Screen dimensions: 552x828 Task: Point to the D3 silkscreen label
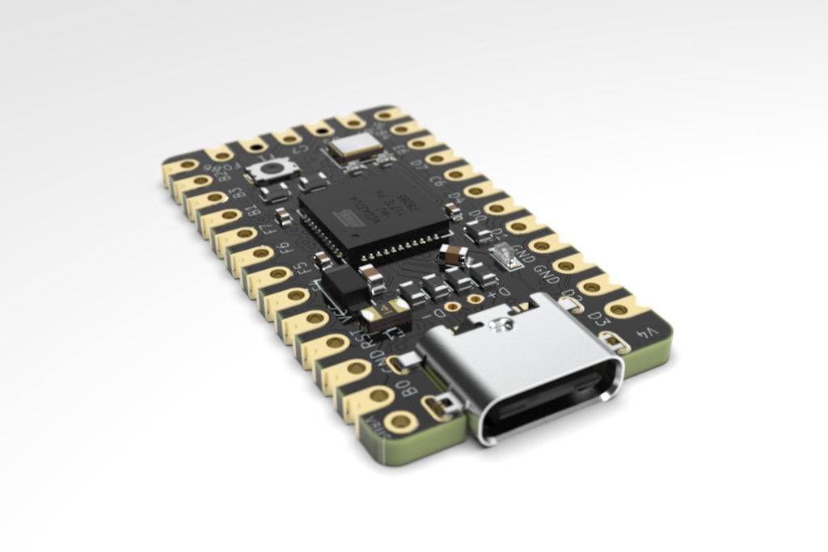click(597, 313)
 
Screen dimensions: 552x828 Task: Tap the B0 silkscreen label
click(410, 387)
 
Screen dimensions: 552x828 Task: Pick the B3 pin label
click(238, 194)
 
